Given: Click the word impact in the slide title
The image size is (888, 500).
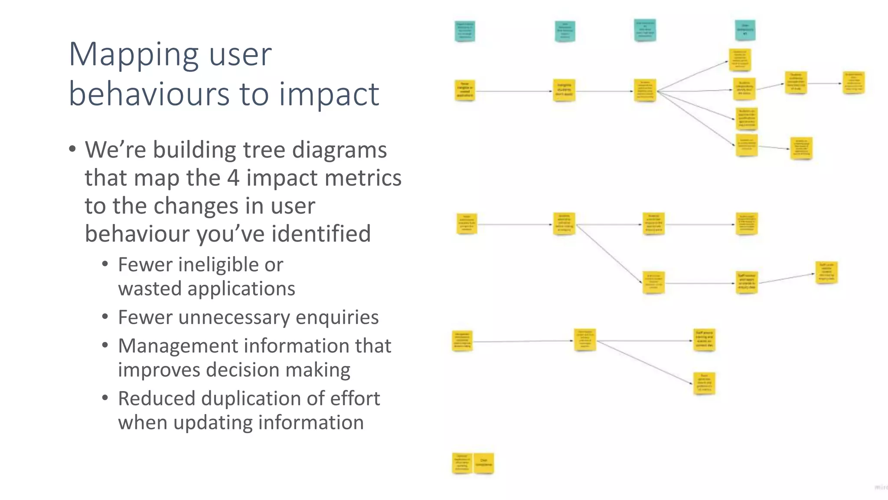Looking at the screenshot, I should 330,94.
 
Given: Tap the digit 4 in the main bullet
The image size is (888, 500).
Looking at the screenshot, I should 233,178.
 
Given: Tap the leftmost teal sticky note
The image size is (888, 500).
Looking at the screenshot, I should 465,31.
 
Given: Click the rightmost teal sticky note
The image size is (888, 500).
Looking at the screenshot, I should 745,30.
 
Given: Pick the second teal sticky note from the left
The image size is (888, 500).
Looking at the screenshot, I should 565,32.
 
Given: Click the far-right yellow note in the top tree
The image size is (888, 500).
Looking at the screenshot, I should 853,83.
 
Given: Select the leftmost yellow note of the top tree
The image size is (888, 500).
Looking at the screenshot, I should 465,90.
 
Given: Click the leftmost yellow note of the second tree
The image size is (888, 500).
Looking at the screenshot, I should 467,224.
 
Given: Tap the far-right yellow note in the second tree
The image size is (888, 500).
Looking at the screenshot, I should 826,273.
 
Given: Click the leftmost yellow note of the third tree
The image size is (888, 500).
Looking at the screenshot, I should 462,341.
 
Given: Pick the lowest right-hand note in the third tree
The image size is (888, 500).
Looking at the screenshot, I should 704,383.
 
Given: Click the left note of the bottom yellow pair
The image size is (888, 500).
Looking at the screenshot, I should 462,463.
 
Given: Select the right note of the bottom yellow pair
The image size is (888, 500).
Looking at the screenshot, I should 483,463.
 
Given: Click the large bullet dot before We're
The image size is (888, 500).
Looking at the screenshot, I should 72,149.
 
